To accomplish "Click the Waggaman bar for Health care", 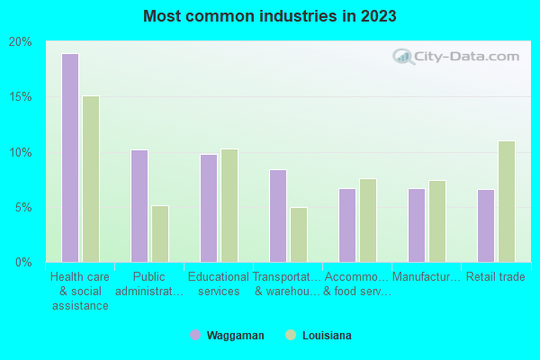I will [x=70, y=157].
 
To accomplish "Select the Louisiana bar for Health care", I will [x=91, y=179].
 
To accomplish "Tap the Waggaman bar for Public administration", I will [x=139, y=206].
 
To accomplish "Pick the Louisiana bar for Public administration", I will [x=160, y=234].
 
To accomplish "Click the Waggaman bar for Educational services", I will [x=209, y=208].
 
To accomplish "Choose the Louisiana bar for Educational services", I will [x=229, y=205].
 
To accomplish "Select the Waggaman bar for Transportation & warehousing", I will [x=278, y=216].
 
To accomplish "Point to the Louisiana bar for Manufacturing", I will [x=437, y=221].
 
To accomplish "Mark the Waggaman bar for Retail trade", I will [x=486, y=226].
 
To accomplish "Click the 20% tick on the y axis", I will [x=21, y=42].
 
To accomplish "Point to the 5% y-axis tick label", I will [x=23, y=207].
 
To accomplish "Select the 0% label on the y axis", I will [x=23, y=263].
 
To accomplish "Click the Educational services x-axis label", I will [x=219, y=284].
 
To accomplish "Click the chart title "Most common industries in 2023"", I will [x=270, y=16].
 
